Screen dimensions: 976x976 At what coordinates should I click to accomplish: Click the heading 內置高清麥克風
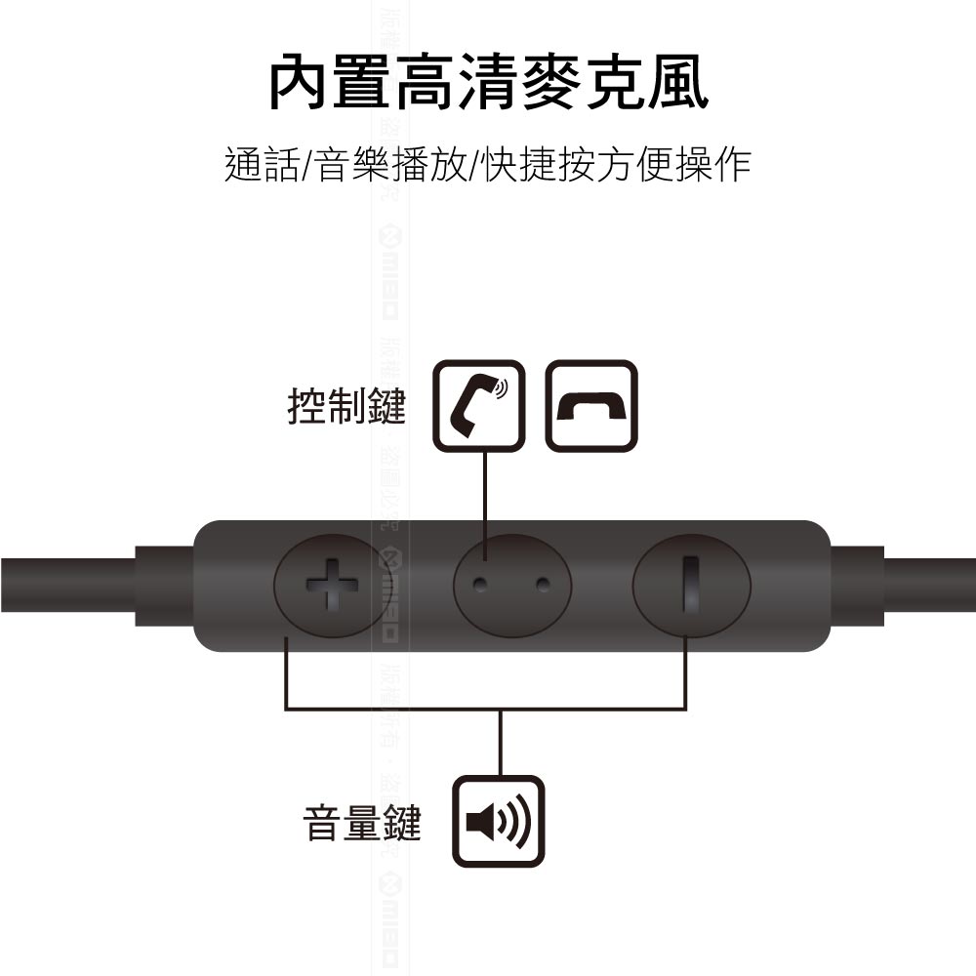[x=488, y=84]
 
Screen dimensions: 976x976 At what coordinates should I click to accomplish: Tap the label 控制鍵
[x=346, y=406]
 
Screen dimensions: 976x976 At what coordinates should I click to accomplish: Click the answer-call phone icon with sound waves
[x=478, y=406]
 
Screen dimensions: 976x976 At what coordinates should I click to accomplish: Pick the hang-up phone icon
[x=590, y=406]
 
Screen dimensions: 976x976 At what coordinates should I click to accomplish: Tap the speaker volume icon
[x=498, y=822]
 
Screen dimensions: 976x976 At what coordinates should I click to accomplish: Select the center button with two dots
[x=510, y=586]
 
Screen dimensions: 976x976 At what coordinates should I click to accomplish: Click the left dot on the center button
[x=479, y=585]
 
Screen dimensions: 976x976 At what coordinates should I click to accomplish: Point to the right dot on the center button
[x=543, y=585]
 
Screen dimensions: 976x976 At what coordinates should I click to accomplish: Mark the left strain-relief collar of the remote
[x=164, y=586]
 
